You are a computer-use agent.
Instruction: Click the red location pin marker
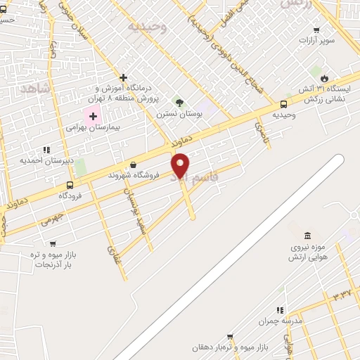[x=181, y=166]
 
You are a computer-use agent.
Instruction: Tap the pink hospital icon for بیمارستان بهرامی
[x=93, y=115]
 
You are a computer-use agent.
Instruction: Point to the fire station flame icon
[x=324, y=78]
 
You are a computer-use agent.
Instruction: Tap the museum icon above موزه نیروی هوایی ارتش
[x=307, y=236]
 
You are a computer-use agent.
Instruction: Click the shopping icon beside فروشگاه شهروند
[x=132, y=165]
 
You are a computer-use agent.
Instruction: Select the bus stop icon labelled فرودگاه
[x=69, y=186]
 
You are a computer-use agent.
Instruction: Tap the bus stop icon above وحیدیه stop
[x=284, y=103]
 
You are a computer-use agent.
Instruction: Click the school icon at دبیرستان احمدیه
[x=46, y=150]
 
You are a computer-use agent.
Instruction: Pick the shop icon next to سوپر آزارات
[x=316, y=30]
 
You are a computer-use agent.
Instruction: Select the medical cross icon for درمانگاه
[x=124, y=77]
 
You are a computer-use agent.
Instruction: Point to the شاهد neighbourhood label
[x=34, y=86]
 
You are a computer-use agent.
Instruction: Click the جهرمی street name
[x=52, y=220]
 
